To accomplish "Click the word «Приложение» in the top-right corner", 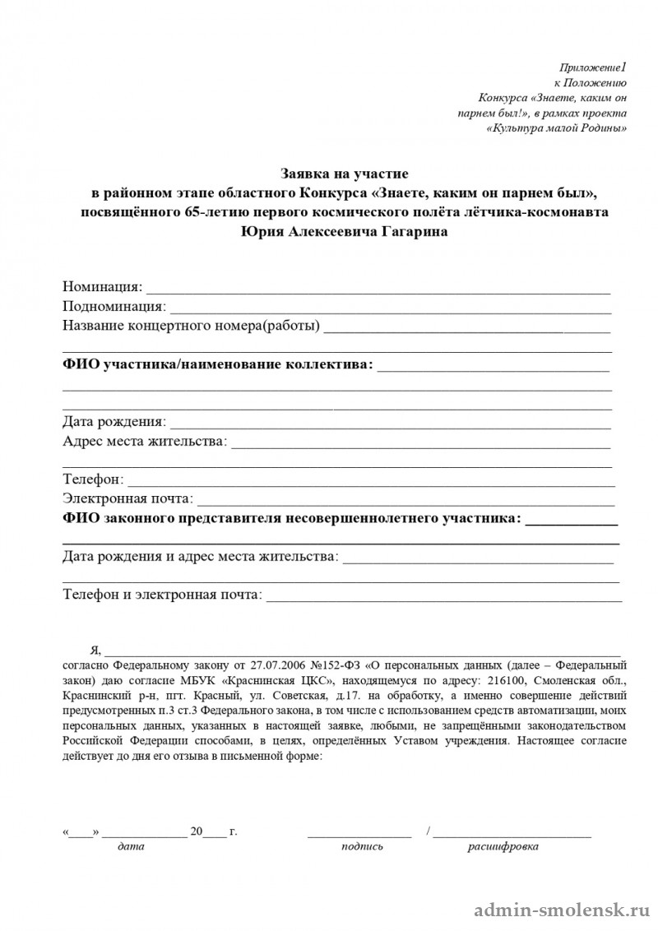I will tap(588, 67).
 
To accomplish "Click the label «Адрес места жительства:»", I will tap(145, 442).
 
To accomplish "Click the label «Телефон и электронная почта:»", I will tap(162, 594).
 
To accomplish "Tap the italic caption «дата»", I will tap(131, 846).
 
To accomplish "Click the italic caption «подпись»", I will tap(362, 846).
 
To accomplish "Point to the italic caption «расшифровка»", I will tap(503, 846).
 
